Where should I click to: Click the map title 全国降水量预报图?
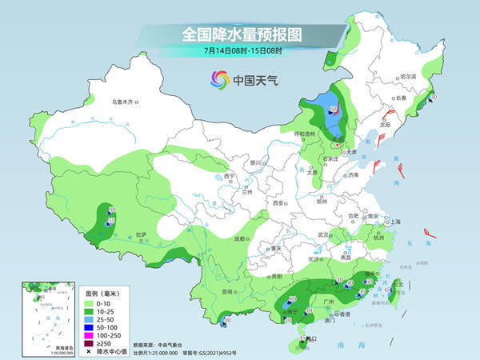239,34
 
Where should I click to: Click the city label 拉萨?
142,234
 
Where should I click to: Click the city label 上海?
393,222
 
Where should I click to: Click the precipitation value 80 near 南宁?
292,298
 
